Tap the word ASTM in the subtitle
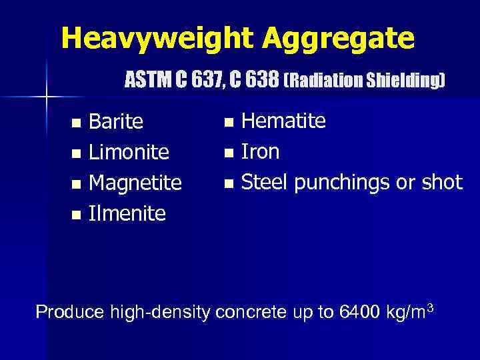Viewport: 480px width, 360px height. click(148, 81)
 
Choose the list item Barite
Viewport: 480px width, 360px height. click(116, 122)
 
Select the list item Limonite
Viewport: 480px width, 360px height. click(129, 153)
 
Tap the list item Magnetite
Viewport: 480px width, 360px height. click(135, 183)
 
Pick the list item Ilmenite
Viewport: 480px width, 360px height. click(128, 214)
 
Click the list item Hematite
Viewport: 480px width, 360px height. click(283, 121)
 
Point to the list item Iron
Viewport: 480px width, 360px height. click(260, 152)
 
